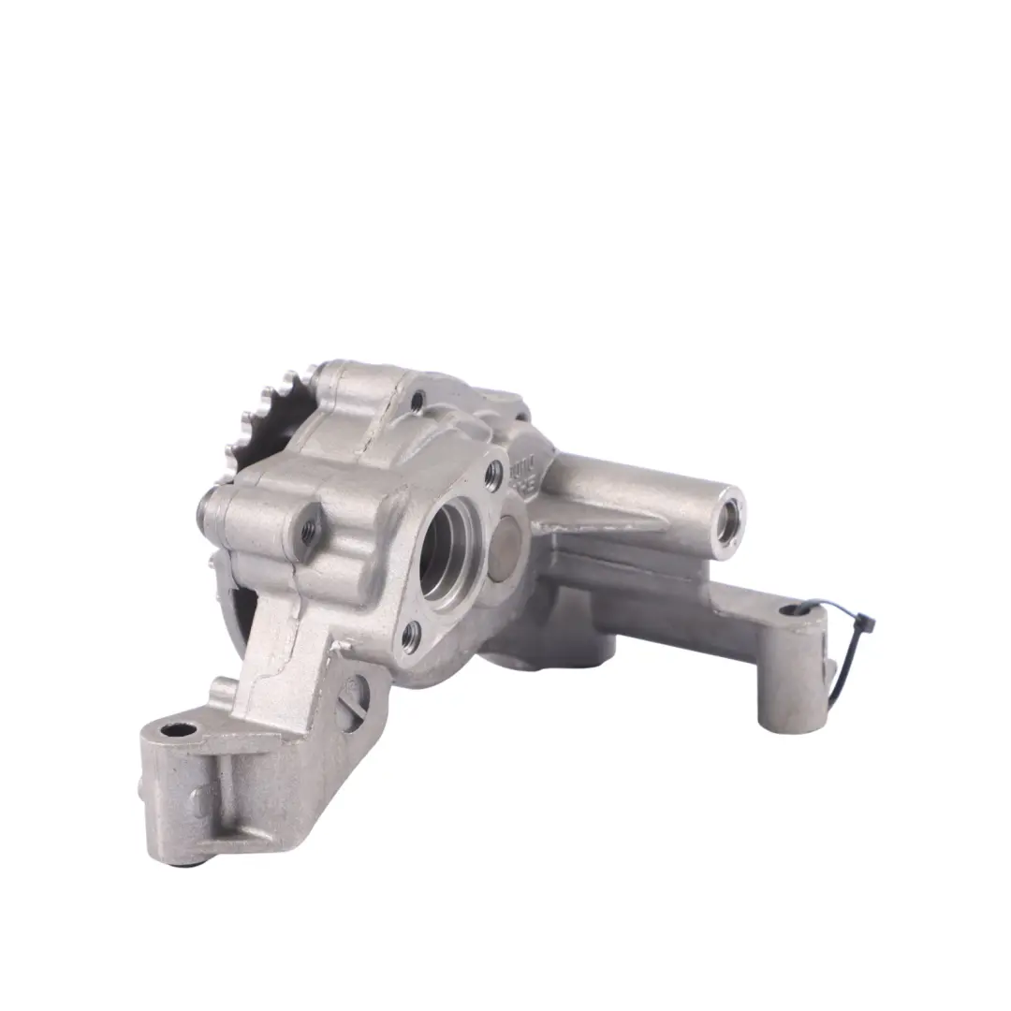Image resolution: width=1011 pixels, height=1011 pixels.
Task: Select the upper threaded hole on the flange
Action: [493, 475]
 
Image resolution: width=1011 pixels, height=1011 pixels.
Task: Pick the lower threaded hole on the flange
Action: [410, 637]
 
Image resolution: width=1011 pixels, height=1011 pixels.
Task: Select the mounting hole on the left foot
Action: [177, 729]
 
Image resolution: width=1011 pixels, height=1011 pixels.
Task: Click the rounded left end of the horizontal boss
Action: [208, 510]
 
